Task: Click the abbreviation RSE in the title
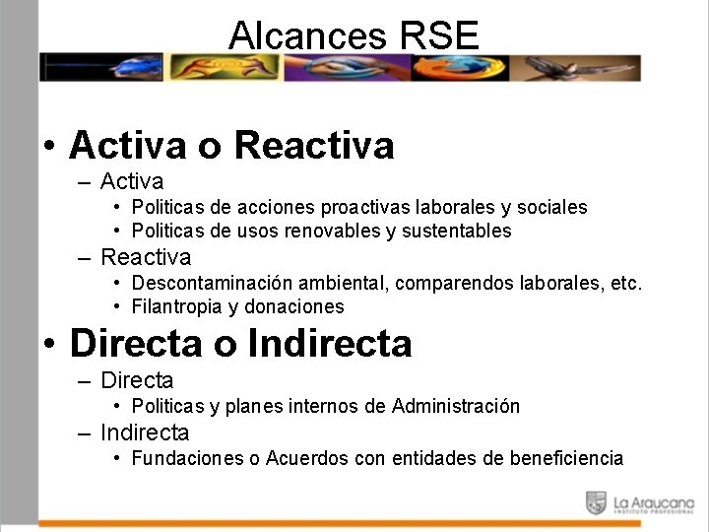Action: tap(440, 35)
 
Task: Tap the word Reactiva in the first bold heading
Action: tap(314, 146)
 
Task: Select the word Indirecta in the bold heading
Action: tap(330, 344)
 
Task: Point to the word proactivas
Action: tap(368, 208)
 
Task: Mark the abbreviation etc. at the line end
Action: tap(626, 284)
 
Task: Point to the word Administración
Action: tap(456, 407)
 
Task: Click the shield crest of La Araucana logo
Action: tap(596, 502)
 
